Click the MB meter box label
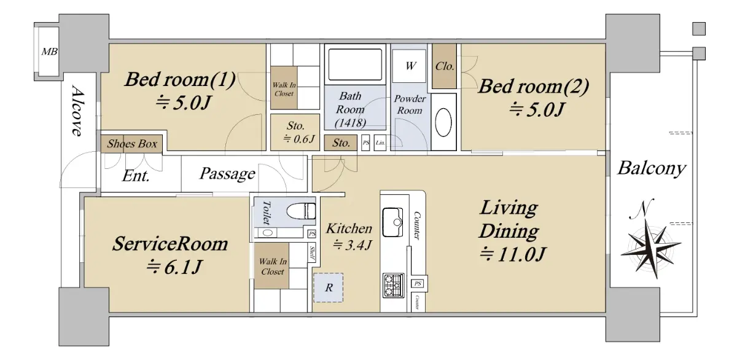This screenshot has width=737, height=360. pyautogui.click(x=49, y=52)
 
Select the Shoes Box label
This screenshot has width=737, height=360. pyautogui.click(x=132, y=144)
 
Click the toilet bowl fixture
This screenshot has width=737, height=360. pyautogui.click(x=301, y=211)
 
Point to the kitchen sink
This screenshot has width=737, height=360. pyautogui.click(x=392, y=222)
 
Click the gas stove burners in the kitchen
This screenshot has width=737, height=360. pyautogui.click(x=394, y=285)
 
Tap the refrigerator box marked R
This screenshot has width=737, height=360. pyautogui.click(x=329, y=288)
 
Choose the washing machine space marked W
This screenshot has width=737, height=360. pyautogui.click(x=409, y=66)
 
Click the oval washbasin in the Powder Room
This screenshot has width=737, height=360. pyautogui.click(x=443, y=122)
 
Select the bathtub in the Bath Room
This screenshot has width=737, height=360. pyautogui.click(x=355, y=64)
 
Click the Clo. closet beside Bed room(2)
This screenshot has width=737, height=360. pyautogui.click(x=444, y=66)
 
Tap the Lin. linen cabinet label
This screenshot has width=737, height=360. pyautogui.click(x=380, y=143)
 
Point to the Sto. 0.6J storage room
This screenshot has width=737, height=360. pyautogui.click(x=295, y=132)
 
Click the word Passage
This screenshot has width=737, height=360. pyautogui.click(x=227, y=173)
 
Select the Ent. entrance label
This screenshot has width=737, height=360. pyautogui.click(x=136, y=176)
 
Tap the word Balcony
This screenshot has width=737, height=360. pyautogui.click(x=652, y=168)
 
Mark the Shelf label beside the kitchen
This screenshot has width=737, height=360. pyautogui.click(x=312, y=254)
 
